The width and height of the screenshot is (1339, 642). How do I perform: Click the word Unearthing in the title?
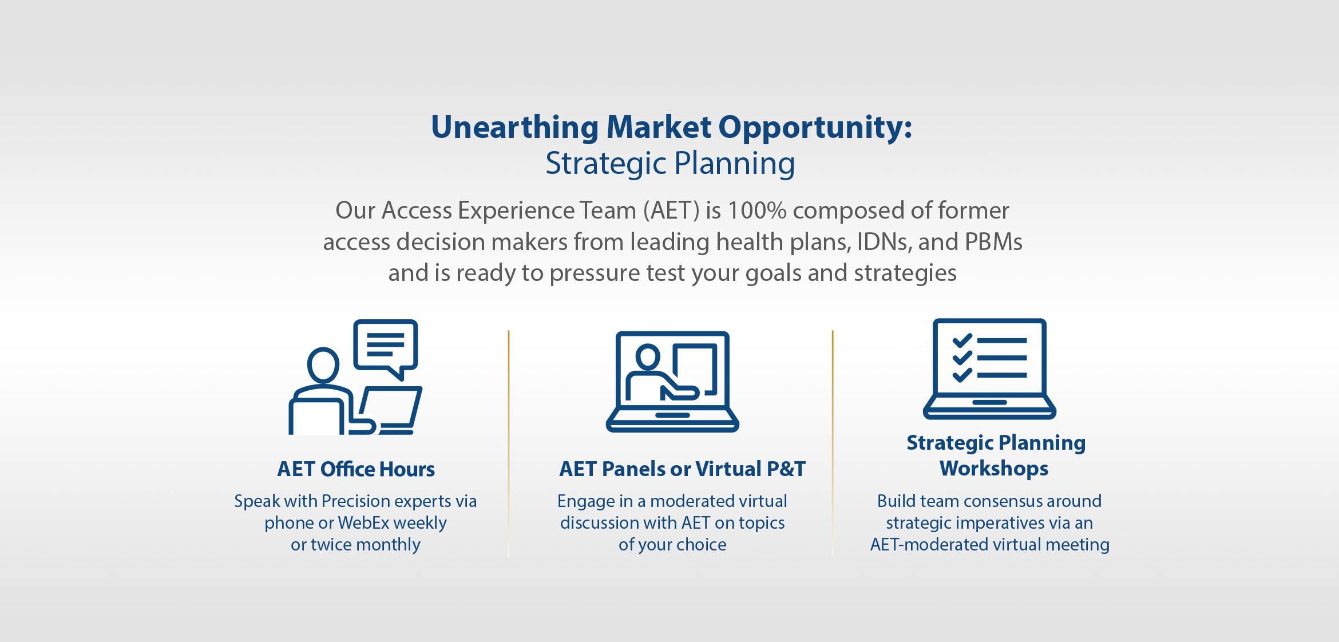pyautogui.click(x=515, y=128)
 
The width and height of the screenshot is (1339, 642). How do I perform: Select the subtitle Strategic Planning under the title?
pyautogui.click(x=670, y=164)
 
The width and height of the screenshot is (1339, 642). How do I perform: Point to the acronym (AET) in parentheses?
pyautogui.click(x=671, y=211)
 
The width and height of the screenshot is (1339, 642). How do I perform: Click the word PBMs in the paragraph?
pyautogui.click(x=993, y=241)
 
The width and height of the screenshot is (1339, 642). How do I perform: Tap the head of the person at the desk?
pyautogui.click(x=323, y=364)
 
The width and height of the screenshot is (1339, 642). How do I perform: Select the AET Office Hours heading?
pyautogui.click(x=356, y=469)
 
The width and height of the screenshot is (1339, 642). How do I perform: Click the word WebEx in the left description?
pyautogui.click(x=363, y=523)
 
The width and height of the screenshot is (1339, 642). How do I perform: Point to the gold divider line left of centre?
pyautogui.click(x=508, y=443)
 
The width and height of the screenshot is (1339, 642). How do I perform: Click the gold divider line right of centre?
pyautogui.click(x=833, y=443)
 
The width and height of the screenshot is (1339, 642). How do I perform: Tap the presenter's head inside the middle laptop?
pyautogui.click(x=648, y=357)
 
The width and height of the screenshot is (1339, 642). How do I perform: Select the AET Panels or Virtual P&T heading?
pyautogui.click(x=682, y=469)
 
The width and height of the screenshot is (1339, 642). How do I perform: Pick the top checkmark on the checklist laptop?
pyautogui.click(x=962, y=341)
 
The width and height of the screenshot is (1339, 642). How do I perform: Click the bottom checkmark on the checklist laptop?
pyautogui.click(x=962, y=375)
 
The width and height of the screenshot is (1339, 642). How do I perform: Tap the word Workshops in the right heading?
pyautogui.click(x=994, y=469)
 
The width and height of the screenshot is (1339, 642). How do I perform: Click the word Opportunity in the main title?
pyautogui.click(x=815, y=128)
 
